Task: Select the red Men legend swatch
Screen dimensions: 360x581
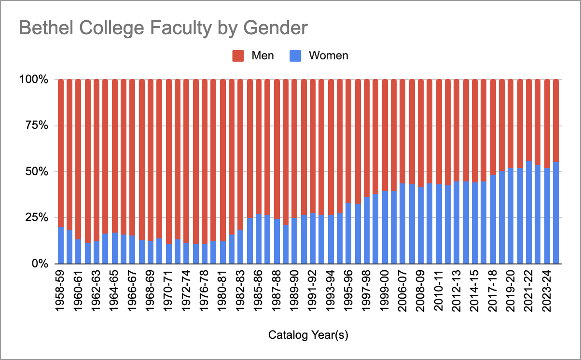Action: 239,55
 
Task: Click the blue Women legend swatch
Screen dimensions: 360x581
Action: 296,55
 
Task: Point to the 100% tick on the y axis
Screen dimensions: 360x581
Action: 34,79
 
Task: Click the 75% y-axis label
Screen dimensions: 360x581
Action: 37,125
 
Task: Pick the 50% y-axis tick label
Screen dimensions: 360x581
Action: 37,171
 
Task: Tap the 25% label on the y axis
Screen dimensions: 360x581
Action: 37,218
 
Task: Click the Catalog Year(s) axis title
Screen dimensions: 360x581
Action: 308,335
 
